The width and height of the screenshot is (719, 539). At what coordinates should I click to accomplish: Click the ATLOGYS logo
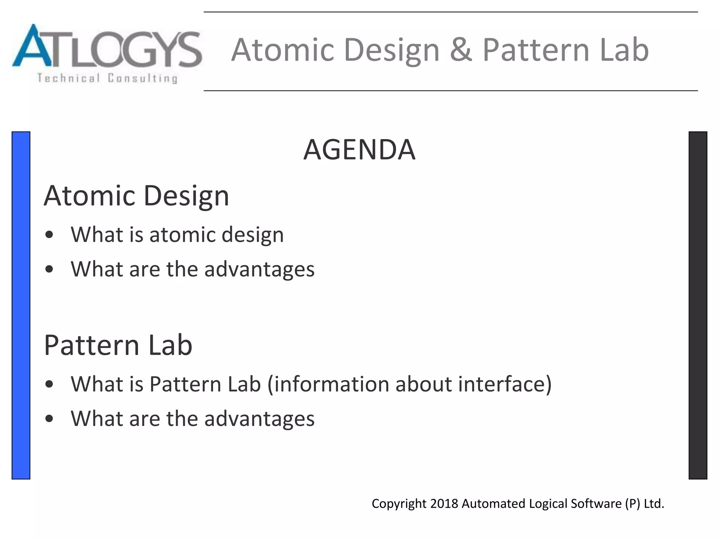tap(107, 53)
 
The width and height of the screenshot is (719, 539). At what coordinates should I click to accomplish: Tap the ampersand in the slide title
tap(461, 49)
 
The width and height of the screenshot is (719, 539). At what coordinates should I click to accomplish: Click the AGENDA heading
tap(359, 150)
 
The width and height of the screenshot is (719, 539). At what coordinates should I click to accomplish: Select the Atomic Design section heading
tap(136, 196)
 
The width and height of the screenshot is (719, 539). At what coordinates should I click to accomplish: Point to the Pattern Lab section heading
tap(118, 345)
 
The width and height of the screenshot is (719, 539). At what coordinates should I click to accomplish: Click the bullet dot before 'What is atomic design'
tap(49, 234)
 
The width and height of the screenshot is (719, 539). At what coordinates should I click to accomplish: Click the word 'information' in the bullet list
tap(331, 384)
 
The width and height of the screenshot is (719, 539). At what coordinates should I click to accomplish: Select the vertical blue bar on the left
tap(21, 305)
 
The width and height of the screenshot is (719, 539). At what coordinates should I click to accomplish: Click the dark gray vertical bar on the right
tap(698, 305)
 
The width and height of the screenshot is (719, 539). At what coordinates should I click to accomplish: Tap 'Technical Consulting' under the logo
tap(107, 78)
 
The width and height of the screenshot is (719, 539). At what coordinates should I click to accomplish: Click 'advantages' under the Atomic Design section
tap(259, 269)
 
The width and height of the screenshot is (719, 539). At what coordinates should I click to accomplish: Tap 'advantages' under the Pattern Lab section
tap(259, 419)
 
